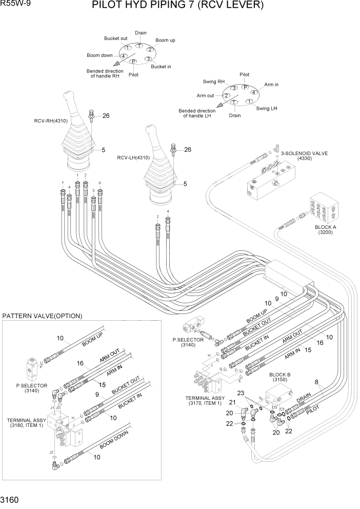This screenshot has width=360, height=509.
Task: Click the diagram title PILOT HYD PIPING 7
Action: [177, 6]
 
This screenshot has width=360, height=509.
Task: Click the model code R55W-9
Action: [15, 4]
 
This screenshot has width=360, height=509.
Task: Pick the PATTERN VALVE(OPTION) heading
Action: [42, 316]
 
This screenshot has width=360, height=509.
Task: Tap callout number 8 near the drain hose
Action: [316, 382]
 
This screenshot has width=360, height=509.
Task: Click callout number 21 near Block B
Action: [231, 402]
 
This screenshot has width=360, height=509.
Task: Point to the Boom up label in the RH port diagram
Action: [165, 40]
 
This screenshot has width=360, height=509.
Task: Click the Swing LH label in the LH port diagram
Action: [267, 108]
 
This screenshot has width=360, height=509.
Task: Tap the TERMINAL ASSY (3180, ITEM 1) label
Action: [26, 422]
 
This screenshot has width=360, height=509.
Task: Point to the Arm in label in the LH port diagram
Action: [271, 84]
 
